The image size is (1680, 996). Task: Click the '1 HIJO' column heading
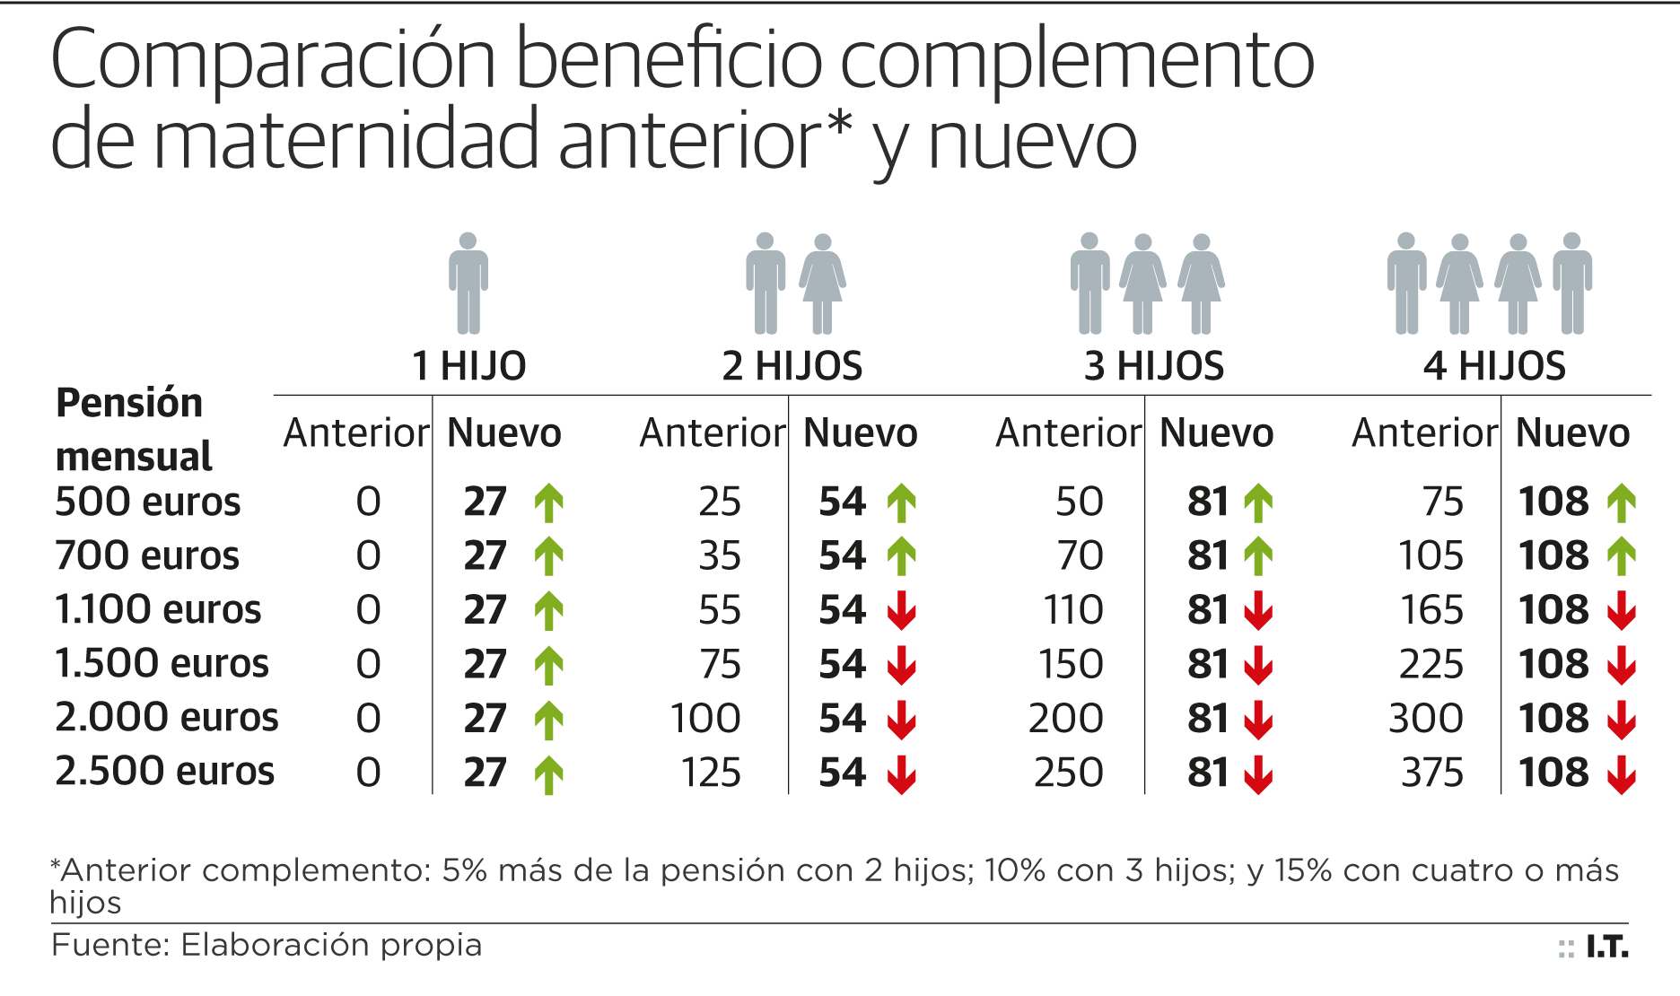tap(468, 366)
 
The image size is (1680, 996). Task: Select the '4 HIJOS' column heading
tap(1494, 366)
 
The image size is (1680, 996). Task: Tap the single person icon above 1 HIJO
tap(468, 284)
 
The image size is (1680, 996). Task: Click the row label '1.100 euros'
tap(158, 610)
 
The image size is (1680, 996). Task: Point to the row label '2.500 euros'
tap(164, 772)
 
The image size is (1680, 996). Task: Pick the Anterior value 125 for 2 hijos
tap(711, 773)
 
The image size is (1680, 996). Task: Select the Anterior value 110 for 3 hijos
tap(1072, 610)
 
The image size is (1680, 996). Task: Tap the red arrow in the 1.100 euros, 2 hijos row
tap(902, 610)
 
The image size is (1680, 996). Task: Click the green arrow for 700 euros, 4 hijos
tap(1621, 556)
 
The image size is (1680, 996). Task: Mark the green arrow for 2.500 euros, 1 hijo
tap(549, 773)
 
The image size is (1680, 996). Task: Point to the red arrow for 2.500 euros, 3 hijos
tap(1258, 773)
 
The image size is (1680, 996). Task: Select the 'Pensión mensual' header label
tap(133, 430)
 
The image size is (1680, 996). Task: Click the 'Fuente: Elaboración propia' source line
tap(267, 945)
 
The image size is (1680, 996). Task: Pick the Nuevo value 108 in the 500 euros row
tap(1553, 502)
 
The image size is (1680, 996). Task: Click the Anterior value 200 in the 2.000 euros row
tap(1065, 719)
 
